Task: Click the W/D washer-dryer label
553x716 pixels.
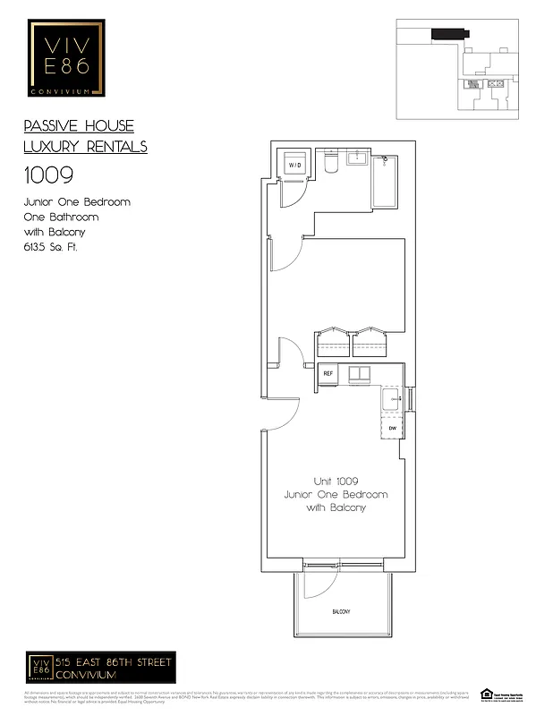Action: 294,166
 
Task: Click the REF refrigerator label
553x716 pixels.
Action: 328,373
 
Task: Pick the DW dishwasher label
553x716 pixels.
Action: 392,429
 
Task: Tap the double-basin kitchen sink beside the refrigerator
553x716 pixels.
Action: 360,373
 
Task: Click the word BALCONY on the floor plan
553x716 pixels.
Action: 341,612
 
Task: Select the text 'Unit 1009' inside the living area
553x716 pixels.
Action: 336,481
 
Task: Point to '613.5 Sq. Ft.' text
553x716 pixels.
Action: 51,247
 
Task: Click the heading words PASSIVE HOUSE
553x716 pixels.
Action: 79,126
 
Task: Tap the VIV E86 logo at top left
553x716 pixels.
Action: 66,58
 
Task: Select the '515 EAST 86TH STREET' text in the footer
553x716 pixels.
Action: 115,661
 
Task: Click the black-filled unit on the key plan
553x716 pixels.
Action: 447,33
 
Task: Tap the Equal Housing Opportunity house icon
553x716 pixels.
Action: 487,693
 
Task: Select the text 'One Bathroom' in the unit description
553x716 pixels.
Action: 61,217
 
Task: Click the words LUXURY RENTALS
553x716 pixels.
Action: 85,147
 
